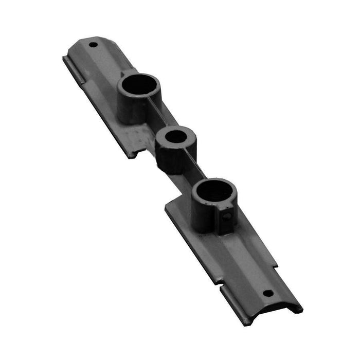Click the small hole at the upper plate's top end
pos(93,45)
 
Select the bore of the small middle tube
pos(176,137)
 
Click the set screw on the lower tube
pos(227,217)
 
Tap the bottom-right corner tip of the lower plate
pos(301,310)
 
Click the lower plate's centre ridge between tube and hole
pos(242,257)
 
